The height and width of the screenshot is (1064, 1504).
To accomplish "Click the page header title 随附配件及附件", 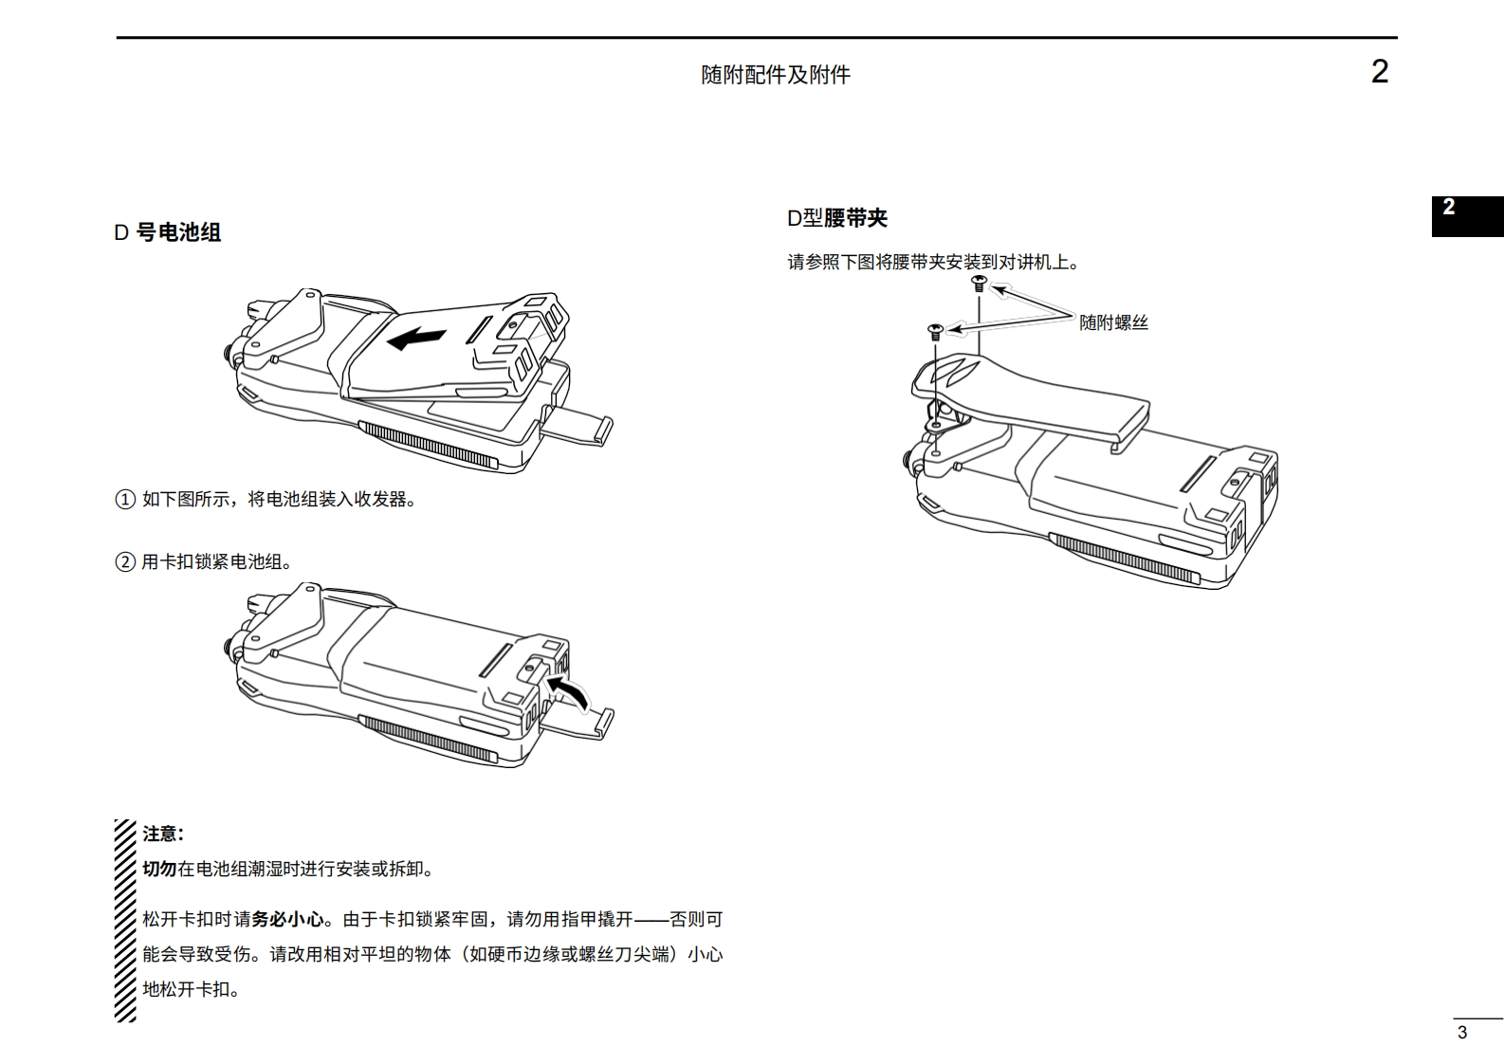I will tap(776, 75).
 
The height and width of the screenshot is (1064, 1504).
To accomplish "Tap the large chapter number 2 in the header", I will tap(1380, 72).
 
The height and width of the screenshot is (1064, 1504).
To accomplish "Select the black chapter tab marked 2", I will tap(1466, 215).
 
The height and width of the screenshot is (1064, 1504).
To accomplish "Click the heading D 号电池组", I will tap(168, 232).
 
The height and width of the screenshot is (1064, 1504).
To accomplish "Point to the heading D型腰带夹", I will tap(837, 218).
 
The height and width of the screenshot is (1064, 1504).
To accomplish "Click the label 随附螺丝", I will tap(1113, 322).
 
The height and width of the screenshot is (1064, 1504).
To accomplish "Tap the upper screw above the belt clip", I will tap(980, 282).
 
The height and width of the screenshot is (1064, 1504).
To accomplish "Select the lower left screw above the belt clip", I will tap(935, 331).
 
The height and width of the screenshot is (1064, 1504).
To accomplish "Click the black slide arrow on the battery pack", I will tap(417, 337).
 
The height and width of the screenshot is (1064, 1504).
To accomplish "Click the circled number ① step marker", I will tap(125, 500).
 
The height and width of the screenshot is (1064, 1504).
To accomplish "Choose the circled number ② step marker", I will tap(125, 562).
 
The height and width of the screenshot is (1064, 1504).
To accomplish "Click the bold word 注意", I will tap(162, 834).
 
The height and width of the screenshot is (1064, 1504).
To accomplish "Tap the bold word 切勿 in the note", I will tap(159, 869).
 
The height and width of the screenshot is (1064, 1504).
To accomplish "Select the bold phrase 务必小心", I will tap(287, 919).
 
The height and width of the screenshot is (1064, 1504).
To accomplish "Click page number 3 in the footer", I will tap(1461, 1033).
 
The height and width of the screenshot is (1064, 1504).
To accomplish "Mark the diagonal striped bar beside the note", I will tap(125, 920).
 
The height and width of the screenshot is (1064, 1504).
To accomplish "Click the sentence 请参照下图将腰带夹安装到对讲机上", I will tap(933, 263).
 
